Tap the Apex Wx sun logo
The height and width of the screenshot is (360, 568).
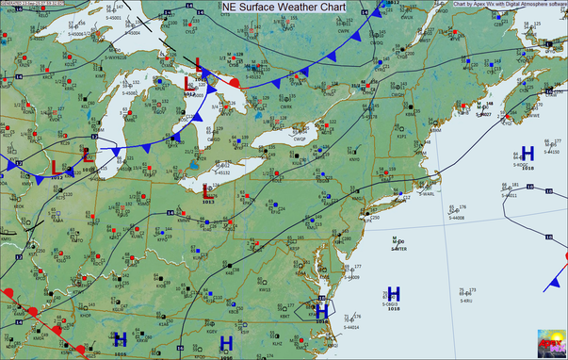[x=552, y=343]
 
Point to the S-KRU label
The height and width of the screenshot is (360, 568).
[x=465, y=302]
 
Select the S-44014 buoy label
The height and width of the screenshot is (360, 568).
[x=351, y=328]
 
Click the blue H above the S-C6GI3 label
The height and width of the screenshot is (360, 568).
[x=394, y=293]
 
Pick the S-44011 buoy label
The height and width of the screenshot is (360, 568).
[x=510, y=196]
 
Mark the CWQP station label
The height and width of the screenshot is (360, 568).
[x=300, y=139]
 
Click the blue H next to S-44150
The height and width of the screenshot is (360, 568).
[x=527, y=153]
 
